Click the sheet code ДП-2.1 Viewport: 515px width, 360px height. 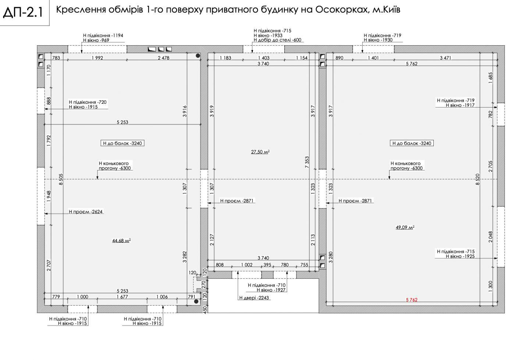point(23,13)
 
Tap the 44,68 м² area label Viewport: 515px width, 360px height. point(121,241)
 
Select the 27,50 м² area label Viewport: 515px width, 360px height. point(260,152)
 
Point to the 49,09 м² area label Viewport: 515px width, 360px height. point(405,227)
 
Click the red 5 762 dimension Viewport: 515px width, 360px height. point(412,300)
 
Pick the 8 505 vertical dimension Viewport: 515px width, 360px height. point(61,179)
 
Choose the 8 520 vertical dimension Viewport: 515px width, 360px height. point(477,179)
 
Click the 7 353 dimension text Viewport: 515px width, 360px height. point(307,162)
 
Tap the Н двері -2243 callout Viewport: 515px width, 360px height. point(254,298)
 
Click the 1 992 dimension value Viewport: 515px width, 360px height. point(97,58)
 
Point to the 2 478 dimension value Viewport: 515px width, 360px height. point(163,58)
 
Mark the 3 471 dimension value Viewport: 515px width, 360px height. point(445,58)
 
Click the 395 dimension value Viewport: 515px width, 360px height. point(267,265)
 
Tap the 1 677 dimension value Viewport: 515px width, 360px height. point(122,297)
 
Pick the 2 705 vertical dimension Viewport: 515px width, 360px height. point(490,166)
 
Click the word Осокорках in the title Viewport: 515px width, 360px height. point(342,10)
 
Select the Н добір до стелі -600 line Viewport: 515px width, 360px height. point(277,40)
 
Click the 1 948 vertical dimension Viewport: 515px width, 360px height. point(49,197)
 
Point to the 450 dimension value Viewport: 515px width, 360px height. point(205,309)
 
